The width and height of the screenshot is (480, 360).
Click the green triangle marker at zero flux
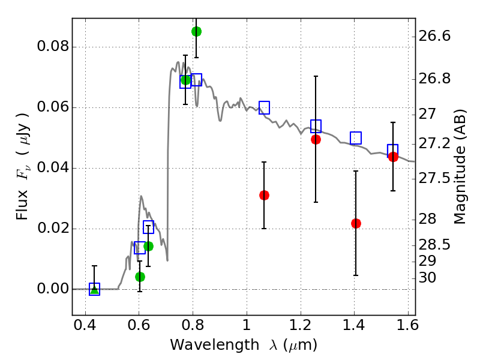click(x=94, y=289)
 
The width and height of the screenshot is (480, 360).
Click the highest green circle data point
click(x=196, y=31)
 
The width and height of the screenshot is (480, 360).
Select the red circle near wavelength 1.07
click(x=264, y=195)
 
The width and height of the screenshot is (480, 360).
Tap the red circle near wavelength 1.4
click(x=356, y=223)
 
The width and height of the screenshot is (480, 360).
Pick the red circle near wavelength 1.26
click(x=316, y=139)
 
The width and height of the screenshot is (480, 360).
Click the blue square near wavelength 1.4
click(x=356, y=138)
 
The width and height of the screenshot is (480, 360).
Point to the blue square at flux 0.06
click(x=264, y=108)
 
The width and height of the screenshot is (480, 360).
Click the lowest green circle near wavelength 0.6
click(x=140, y=277)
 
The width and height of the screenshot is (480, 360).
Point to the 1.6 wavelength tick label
click(x=407, y=328)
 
